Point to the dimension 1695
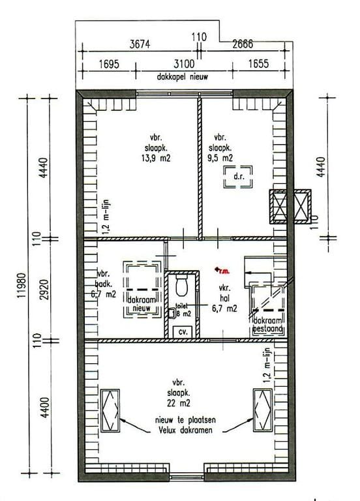[x=108, y=64]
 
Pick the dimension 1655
[x=259, y=64]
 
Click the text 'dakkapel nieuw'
[x=185, y=76]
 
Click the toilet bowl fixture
[x=182, y=286]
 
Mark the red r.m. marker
[x=222, y=270]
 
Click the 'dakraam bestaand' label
[x=268, y=326]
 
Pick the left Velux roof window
[x=111, y=409]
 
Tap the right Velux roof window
[x=263, y=409]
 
